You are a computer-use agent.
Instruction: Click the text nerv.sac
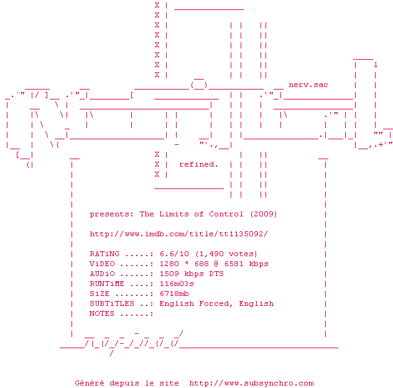click(308, 85)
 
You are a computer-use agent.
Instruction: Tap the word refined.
click(198, 164)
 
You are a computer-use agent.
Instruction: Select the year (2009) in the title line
click(264, 214)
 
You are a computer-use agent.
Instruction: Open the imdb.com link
click(178, 234)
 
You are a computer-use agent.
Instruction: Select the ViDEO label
click(102, 264)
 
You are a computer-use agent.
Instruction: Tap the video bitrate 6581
click(226, 264)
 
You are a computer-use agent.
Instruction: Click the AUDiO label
click(102, 274)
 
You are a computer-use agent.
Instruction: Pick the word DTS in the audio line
click(216, 274)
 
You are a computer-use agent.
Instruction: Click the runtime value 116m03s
click(177, 284)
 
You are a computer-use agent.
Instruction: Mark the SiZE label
click(99, 293)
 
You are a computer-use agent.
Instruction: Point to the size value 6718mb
click(174, 293)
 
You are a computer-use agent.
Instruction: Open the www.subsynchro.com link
click(251, 383)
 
